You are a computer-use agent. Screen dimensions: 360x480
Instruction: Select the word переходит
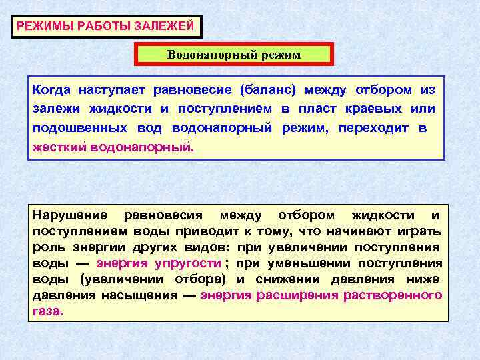pyautogui.click(x=374, y=127)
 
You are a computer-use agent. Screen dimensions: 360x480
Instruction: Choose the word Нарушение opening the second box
pyautogui.click(x=70, y=215)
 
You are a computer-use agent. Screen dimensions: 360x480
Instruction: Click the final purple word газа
pyautogui.click(x=47, y=311)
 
